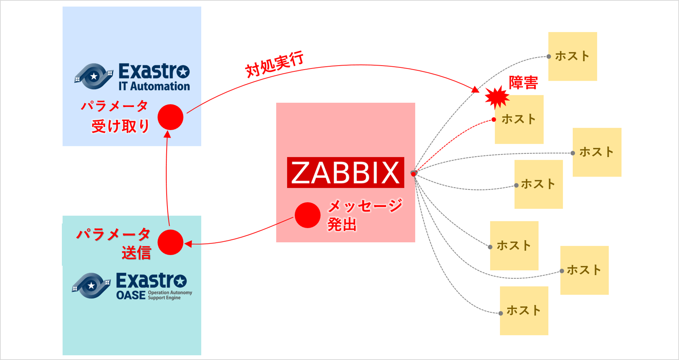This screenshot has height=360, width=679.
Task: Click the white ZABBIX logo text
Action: pyautogui.click(x=345, y=173)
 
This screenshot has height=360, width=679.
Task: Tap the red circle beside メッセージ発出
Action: pyautogui.click(x=307, y=215)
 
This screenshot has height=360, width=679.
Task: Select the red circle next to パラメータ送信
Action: pyautogui.click(x=170, y=242)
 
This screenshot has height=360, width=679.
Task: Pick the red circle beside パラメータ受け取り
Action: pyautogui.click(x=170, y=117)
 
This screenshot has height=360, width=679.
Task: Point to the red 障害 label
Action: pyautogui.click(x=523, y=83)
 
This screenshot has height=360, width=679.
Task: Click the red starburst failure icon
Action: pyautogui.click(x=497, y=97)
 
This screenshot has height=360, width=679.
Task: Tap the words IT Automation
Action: pyautogui.click(x=154, y=86)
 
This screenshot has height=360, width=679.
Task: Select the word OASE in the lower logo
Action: pyautogui.click(x=131, y=295)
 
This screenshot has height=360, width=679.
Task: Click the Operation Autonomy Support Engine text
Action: pyautogui.click(x=170, y=295)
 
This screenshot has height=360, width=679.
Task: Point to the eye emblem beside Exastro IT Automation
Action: pyautogui.click(x=94, y=76)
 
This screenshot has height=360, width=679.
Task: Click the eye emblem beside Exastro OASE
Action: pyautogui.click(x=91, y=285)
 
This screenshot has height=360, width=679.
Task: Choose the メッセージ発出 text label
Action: pyautogui.click(x=364, y=215)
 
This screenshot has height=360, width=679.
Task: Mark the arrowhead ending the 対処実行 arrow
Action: pyautogui.click(x=475, y=90)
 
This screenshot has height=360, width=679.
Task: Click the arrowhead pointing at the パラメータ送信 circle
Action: pyautogui.click(x=188, y=244)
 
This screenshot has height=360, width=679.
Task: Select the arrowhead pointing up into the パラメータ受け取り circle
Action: pyautogui.click(x=167, y=134)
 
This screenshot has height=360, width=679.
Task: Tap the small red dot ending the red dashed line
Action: pyautogui.click(x=493, y=120)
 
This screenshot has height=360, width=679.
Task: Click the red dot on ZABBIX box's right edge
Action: pyautogui.click(x=413, y=174)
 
